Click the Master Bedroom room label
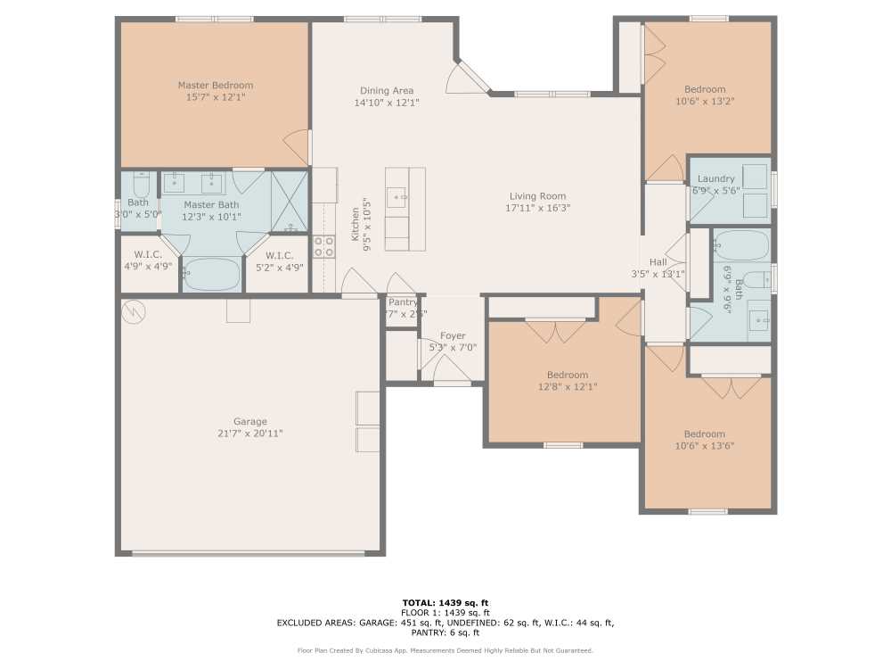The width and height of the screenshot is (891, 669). (215, 85)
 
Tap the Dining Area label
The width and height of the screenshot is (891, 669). (386, 90)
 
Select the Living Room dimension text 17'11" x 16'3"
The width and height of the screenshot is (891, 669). (537, 208)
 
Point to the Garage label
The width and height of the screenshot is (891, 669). (250, 421)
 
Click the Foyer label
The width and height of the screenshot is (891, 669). (453, 335)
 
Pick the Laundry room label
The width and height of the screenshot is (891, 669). (715, 178)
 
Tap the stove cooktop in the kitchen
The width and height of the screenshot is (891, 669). (323, 246)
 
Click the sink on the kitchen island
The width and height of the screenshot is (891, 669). (396, 195)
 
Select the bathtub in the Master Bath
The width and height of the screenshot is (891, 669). (211, 273)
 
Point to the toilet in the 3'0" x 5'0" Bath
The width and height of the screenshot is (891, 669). (140, 185)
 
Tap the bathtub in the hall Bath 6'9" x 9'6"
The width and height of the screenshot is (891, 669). (741, 244)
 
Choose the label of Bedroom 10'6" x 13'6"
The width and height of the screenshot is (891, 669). (704, 434)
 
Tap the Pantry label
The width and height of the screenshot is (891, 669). (403, 302)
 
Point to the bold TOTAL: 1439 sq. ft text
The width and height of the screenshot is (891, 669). (445, 602)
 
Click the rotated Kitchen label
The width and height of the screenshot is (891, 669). (355, 223)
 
